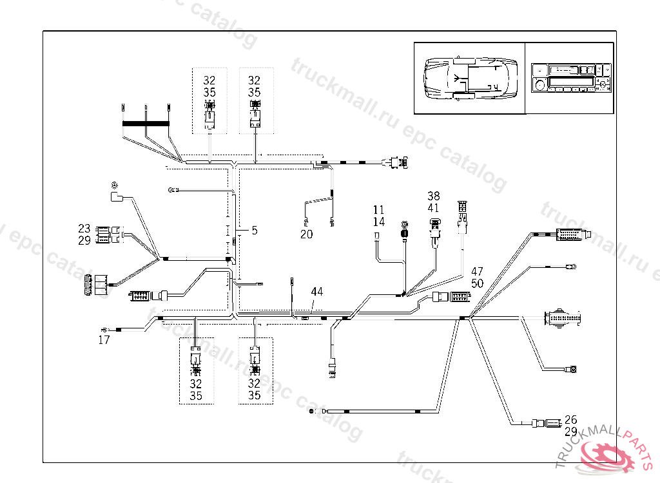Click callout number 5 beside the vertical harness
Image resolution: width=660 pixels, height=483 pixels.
point(255,230)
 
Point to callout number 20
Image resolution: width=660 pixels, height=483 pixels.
point(307,234)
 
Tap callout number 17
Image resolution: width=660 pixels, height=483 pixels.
point(104,340)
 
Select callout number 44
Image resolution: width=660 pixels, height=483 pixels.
point(316,292)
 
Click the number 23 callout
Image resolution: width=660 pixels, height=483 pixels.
point(84,229)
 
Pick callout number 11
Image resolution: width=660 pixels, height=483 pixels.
point(378,210)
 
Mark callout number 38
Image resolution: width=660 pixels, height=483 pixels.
point(433,196)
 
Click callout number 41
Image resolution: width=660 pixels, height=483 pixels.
point(433,208)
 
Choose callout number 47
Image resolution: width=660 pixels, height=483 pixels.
point(477,272)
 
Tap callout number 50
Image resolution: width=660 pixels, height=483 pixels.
point(477,283)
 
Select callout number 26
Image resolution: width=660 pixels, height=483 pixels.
point(570,419)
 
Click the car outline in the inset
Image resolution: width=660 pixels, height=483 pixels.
point(469,78)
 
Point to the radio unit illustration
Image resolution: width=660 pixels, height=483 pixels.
point(570,78)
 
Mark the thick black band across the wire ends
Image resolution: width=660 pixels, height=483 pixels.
point(146,123)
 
